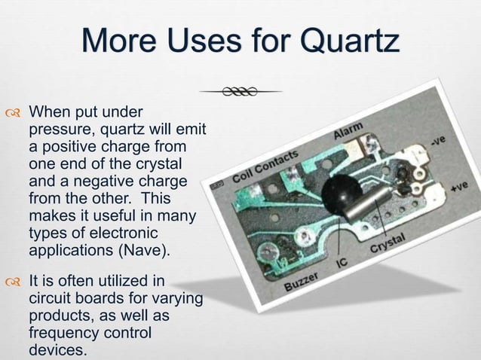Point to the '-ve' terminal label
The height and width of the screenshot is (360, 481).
[x=438, y=141]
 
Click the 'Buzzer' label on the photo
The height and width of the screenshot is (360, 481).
[x=301, y=282]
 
